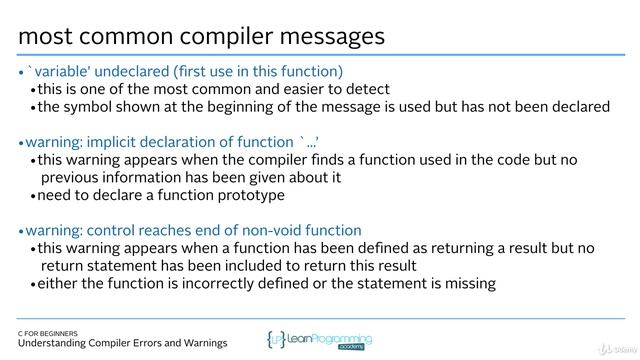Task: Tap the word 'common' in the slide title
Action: (124, 36)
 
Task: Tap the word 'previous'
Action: (71, 177)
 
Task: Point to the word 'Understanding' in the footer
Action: (60, 344)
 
